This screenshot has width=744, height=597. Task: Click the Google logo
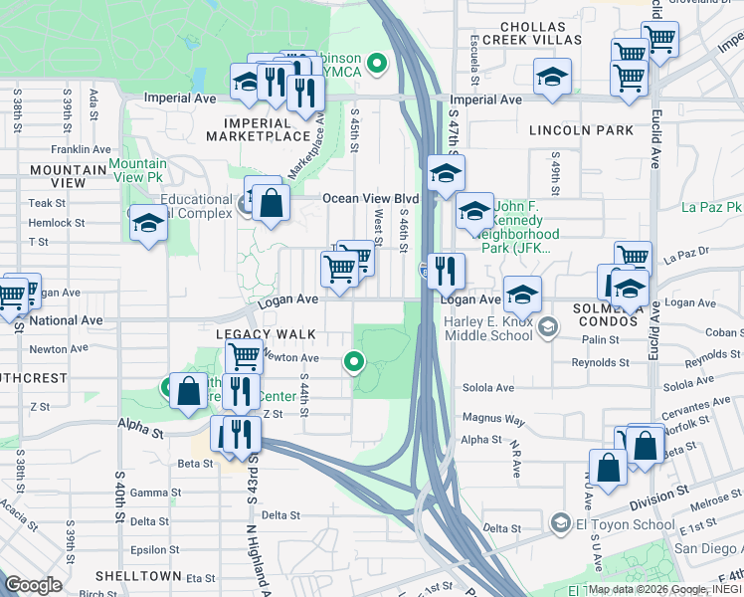33,584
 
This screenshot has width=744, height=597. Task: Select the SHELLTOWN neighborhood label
138,576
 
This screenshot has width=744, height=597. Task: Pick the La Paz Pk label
711,208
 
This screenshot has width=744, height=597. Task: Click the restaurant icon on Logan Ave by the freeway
447,270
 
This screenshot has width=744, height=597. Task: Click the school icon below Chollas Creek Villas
552,77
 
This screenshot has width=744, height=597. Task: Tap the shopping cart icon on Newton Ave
244,355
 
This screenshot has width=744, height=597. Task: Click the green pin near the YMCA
377,66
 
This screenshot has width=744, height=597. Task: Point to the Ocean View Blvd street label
369,199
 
